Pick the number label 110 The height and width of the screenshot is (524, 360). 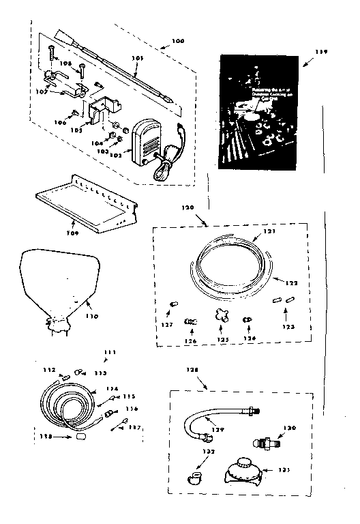(x=91, y=316)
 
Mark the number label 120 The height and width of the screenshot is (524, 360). (x=188, y=207)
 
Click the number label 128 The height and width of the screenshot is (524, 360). (x=192, y=369)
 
